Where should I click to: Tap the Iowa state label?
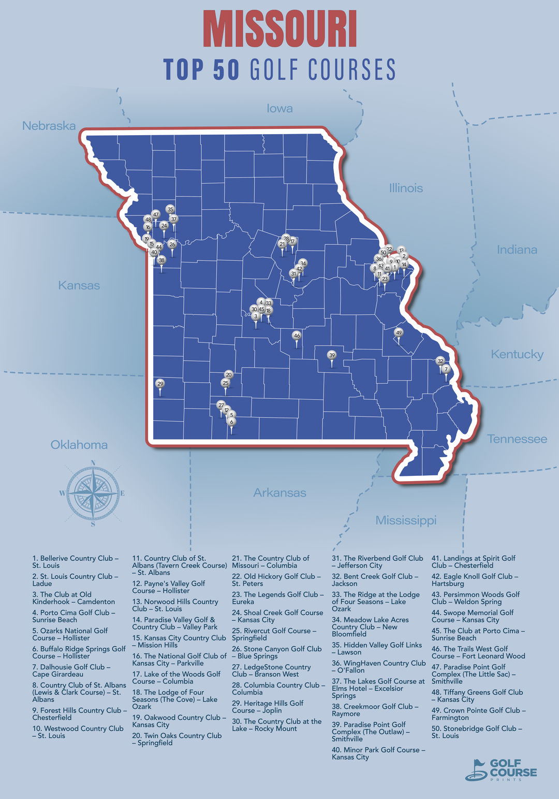tap(279, 108)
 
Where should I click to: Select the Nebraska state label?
tap(49, 126)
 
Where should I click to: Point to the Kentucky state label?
tap(517, 354)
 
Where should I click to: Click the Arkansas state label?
tap(279, 492)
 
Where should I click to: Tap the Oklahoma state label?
tap(79, 445)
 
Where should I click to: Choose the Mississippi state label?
tap(406, 520)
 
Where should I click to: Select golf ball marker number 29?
tap(160, 384)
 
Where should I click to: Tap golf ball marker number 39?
tap(332, 355)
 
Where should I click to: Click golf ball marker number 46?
tap(297, 336)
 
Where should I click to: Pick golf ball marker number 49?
tap(398, 332)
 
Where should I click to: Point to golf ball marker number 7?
tap(446, 369)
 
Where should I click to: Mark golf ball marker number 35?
tap(170, 210)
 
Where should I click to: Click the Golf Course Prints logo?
tap(501, 769)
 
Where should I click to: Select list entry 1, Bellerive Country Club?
tap(76, 562)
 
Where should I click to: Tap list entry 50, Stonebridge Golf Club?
tap(477, 732)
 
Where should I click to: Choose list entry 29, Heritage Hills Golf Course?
tap(268, 706)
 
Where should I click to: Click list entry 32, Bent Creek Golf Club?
tap(372, 579)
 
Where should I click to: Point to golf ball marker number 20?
tap(228, 374)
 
